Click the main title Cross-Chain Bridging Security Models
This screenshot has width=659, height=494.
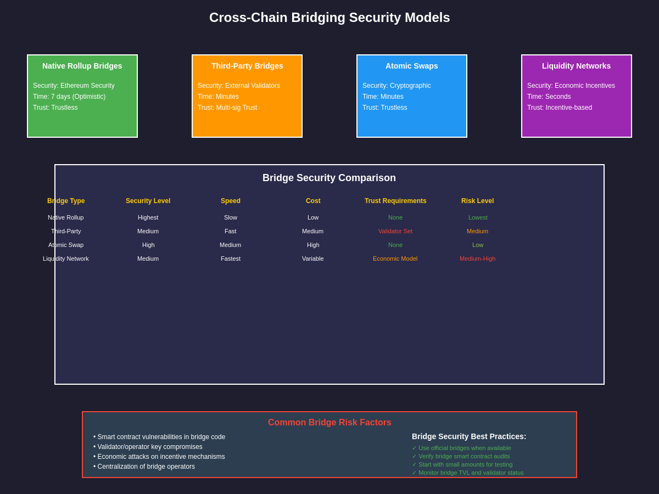329,18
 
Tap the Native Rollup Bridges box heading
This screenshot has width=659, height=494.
82,66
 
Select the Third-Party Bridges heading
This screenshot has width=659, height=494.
247,66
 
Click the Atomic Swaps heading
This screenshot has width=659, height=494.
412,66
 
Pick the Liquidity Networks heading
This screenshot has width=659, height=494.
576,66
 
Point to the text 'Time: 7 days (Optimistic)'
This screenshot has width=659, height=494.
69,97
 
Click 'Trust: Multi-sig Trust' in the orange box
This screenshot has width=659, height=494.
227,108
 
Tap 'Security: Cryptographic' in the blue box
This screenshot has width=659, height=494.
396,86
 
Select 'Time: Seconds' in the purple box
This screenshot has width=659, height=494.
549,97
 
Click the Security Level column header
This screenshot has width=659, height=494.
148,201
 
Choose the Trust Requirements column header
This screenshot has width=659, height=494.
395,201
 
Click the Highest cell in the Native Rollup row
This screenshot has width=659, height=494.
148,217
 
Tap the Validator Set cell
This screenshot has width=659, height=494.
395,231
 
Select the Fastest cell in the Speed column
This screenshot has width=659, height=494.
231,259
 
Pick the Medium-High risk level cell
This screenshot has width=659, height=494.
477,259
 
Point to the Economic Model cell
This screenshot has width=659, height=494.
395,259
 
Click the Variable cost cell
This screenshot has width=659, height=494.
313,259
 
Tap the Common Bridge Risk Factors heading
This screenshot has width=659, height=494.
329,423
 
